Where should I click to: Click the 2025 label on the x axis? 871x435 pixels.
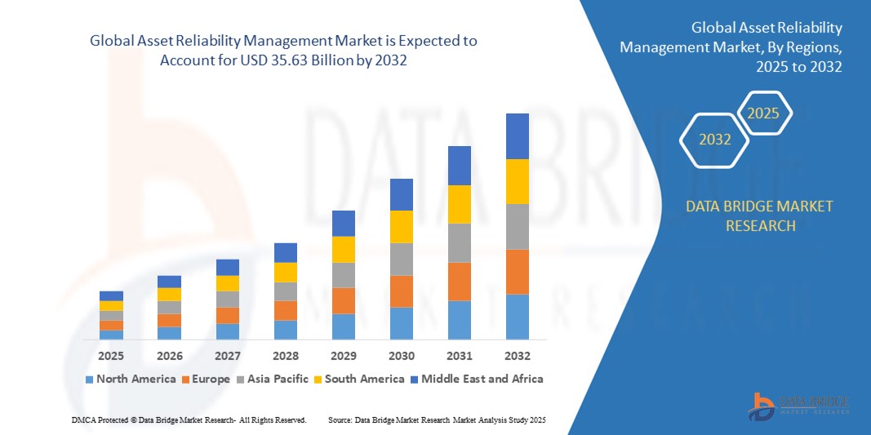(112, 357)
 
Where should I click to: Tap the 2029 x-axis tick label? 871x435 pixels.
(344, 357)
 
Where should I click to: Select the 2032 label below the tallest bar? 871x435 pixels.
(518, 357)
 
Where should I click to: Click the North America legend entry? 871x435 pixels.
(131, 379)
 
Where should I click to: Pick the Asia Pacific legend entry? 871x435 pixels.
(273, 379)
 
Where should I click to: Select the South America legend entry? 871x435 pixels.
(360, 379)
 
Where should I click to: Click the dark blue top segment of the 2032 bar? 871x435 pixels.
(518, 136)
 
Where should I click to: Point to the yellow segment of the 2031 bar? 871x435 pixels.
(460, 204)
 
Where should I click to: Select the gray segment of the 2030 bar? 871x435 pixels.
(402, 260)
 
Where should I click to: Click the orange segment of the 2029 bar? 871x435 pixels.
(344, 300)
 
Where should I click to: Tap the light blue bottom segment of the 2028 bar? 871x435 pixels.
(286, 330)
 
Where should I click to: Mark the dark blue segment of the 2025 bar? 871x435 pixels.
(112, 295)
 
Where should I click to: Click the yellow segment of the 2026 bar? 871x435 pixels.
(170, 295)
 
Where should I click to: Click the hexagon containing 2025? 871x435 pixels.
(763, 113)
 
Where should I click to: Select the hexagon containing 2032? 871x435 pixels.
(715, 140)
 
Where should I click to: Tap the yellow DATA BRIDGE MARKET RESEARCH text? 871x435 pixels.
(760, 215)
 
